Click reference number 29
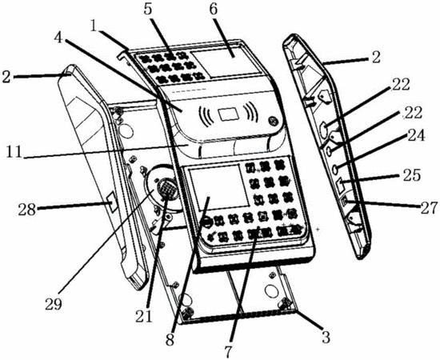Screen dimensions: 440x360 54,305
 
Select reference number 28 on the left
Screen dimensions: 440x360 27,209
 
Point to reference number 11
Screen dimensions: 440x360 14,152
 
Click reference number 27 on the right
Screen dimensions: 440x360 429,208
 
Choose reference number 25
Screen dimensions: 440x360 412,175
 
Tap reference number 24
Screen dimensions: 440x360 417,136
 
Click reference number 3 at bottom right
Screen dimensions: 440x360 326,337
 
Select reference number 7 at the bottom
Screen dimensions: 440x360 228,351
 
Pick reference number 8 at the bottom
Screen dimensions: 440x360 170,339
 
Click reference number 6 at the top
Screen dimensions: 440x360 214,10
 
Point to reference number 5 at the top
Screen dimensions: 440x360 148,10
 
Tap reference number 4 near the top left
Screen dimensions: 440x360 58,38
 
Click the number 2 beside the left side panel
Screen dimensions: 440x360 6,77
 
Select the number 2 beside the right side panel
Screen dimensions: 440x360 376,57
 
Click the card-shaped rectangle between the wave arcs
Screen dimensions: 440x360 230,114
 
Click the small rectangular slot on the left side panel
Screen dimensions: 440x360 111,202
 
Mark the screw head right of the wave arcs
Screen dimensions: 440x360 272,121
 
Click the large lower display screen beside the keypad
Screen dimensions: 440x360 218,187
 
